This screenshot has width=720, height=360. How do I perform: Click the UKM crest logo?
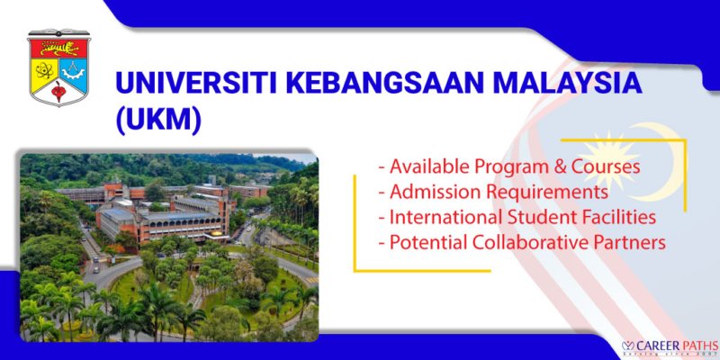coord(58,67)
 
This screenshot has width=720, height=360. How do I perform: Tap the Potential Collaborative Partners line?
coord(521,242)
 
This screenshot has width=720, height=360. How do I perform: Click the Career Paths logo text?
coord(667,344)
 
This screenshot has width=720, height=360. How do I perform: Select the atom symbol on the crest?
coord(42,69)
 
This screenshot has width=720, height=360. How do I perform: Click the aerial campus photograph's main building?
coord(162,220)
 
